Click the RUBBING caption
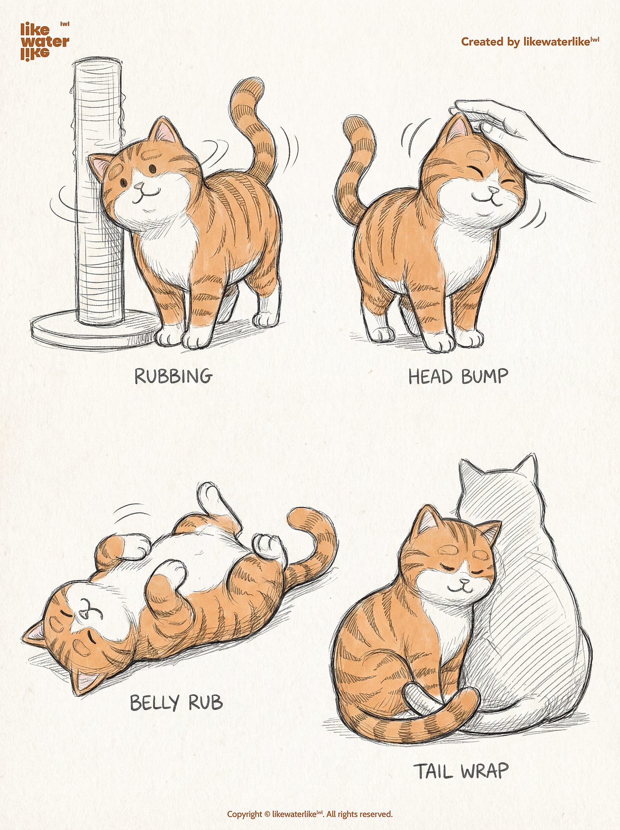[173, 376]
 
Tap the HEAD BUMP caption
[458, 377]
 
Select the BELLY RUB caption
[176, 703]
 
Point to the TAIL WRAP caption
[461, 771]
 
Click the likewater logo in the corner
[45, 41]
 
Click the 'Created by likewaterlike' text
[530, 42]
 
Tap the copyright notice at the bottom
[310, 814]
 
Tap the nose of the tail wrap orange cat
[464, 581]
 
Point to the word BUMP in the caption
[485, 377]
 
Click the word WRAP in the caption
[485, 771]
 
